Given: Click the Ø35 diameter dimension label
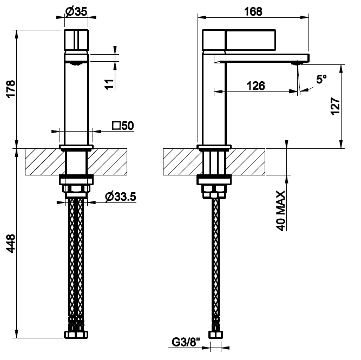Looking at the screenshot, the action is [76, 11].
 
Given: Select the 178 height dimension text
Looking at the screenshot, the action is [11, 89].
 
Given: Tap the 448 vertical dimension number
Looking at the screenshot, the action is [11, 244].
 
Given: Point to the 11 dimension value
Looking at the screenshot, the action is [109, 84].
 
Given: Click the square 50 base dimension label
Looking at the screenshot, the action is [123, 126].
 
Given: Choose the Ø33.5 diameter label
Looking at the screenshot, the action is [120, 197].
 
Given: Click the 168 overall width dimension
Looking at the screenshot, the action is [253, 11].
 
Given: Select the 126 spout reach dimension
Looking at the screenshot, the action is [256, 86].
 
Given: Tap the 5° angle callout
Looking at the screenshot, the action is [321, 79].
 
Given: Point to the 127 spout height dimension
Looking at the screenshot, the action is [335, 106].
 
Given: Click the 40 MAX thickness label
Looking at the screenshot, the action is [281, 211].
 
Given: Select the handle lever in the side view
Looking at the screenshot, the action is [239, 40].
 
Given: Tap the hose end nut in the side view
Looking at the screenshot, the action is [216, 335].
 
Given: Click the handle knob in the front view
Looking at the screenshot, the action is [76, 40].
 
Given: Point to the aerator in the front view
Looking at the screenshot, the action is [76, 63].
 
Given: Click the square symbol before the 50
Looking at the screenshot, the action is [116, 126].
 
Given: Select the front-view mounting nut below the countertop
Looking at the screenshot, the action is [76, 180].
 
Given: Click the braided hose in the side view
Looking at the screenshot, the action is [216, 258].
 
